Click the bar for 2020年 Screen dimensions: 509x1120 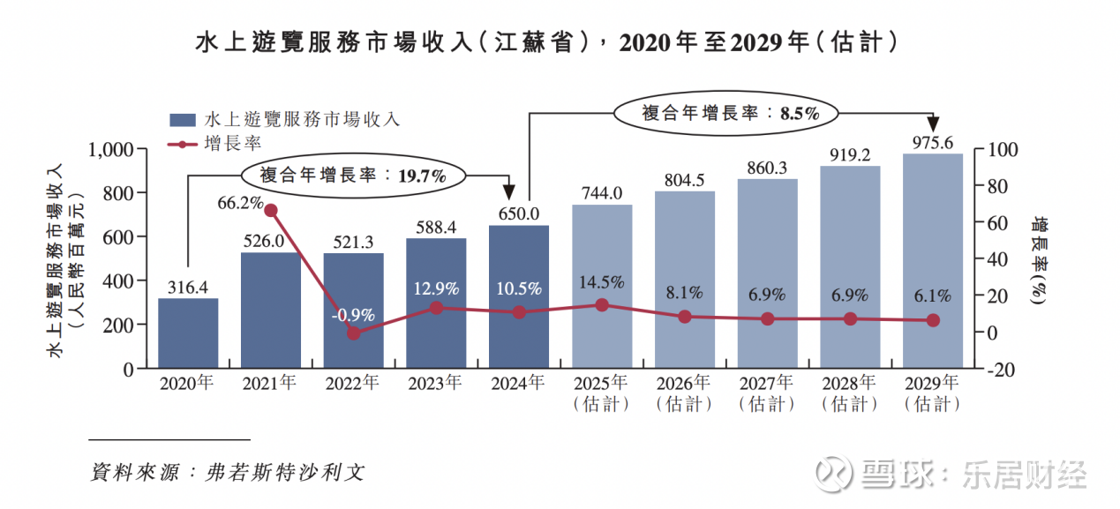click(188, 333)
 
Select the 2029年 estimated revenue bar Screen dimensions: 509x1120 click(933, 260)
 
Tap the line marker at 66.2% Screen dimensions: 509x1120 click(271, 210)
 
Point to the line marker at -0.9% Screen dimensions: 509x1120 click(354, 333)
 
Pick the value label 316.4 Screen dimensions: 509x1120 click(188, 288)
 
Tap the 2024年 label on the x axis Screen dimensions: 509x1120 click(519, 385)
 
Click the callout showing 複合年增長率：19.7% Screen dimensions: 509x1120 click(352, 175)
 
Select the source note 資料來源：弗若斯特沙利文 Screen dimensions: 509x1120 click(228, 472)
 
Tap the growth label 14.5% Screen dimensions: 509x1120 click(602, 283)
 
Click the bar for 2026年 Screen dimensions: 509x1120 click(685, 279)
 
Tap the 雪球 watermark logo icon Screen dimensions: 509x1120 click(831, 474)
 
